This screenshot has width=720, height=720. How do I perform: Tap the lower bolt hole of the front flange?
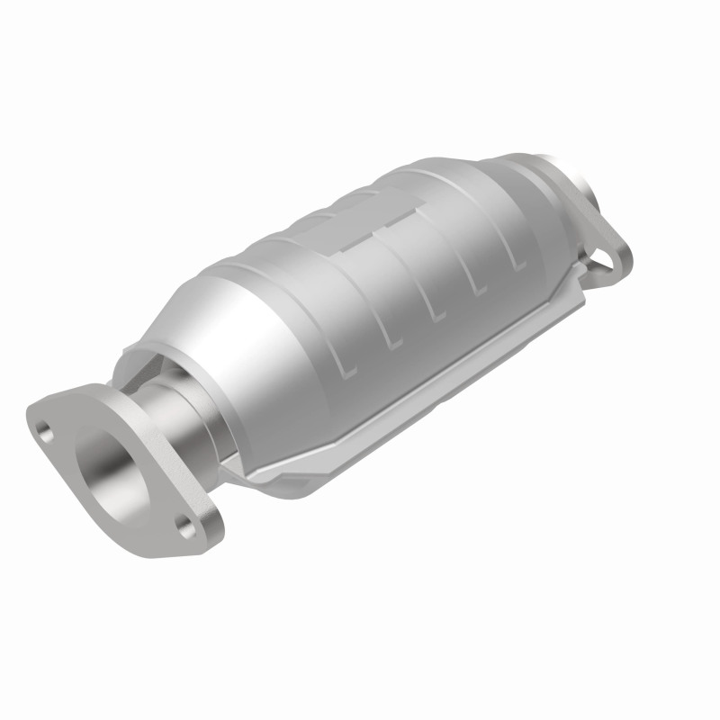[187, 528]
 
